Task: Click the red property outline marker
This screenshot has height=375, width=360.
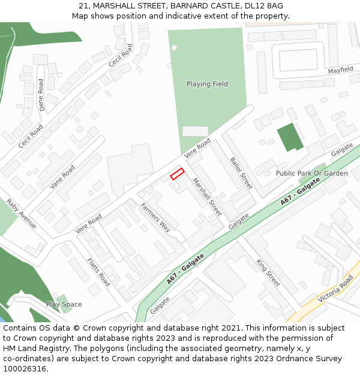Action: pos(177,174)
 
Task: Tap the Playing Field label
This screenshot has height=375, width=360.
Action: pos(207,84)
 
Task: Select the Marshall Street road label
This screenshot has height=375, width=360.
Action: pos(207,197)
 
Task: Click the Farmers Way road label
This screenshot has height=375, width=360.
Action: pos(156,217)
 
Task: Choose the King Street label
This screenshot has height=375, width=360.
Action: pos(268,273)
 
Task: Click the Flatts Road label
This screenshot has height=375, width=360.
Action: pos(99,272)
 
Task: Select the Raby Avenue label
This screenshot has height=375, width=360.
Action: pos(22,214)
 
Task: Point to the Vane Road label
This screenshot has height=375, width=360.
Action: pos(62,176)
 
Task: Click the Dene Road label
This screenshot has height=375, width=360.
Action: pos(41,95)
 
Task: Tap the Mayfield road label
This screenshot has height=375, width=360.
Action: pos(340,70)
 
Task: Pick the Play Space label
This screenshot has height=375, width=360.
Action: pos(64,304)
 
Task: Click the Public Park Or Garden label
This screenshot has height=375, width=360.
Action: pos(311,173)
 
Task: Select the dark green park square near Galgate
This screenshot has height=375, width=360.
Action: pos(290,137)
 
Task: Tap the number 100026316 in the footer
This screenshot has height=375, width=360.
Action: pos(25,369)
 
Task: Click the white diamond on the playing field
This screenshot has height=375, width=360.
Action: pos(174,47)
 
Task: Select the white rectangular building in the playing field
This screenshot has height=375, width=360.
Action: pos(195,131)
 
